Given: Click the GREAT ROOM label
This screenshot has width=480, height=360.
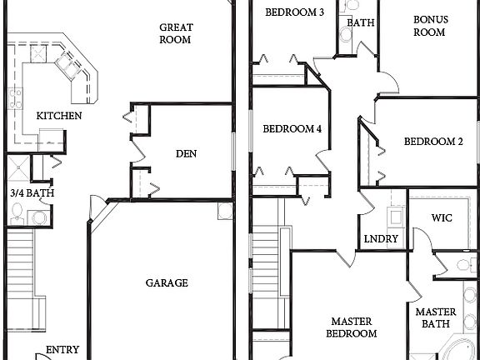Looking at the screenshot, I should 177,32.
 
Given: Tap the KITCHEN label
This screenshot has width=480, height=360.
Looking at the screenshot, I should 58,116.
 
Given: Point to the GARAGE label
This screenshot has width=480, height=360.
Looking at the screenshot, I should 167,282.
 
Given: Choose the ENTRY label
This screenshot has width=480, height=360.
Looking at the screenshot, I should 62,350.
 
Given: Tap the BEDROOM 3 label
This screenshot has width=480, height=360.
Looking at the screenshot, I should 295,12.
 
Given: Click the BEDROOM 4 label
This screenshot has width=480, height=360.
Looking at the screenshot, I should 292,129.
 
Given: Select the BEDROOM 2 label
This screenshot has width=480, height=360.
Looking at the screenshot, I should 433,142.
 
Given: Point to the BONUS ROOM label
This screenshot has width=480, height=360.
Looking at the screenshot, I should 430,26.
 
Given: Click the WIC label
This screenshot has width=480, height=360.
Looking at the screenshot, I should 442,217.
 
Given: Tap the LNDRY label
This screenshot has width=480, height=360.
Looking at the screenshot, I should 382,239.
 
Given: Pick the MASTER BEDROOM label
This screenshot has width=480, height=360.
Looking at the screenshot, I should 353,327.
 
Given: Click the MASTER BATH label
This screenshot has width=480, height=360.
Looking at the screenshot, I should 433,317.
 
